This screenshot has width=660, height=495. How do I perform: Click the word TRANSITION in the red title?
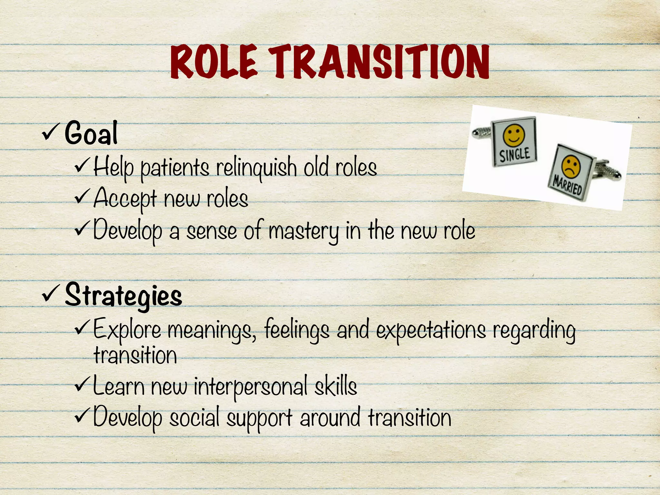[x=379, y=62]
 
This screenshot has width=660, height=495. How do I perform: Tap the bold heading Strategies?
[x=123, y=296]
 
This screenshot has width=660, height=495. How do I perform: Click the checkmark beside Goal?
[x=50, y=132]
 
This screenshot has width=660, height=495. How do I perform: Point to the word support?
[x=259, y=418]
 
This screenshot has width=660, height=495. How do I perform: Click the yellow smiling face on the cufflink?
[x=514, y=135]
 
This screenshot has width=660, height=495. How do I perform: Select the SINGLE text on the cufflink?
[x=515, y=154]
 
